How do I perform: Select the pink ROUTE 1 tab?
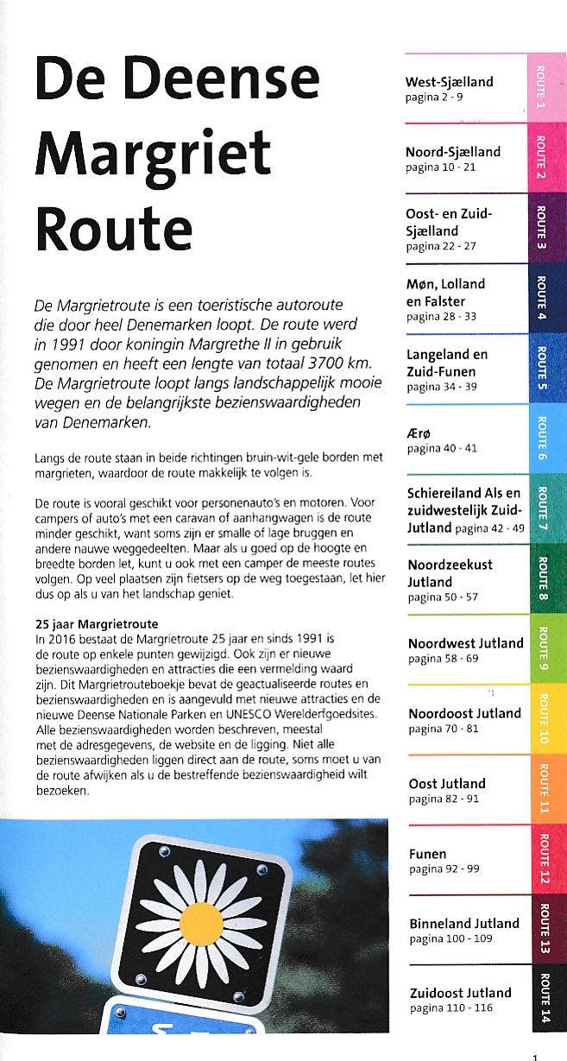541,87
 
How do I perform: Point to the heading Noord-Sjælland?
453,152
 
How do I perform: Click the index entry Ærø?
416,433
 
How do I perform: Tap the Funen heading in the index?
428,854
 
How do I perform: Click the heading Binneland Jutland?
464,924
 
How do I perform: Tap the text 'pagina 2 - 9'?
434,98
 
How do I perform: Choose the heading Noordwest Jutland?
466,643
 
